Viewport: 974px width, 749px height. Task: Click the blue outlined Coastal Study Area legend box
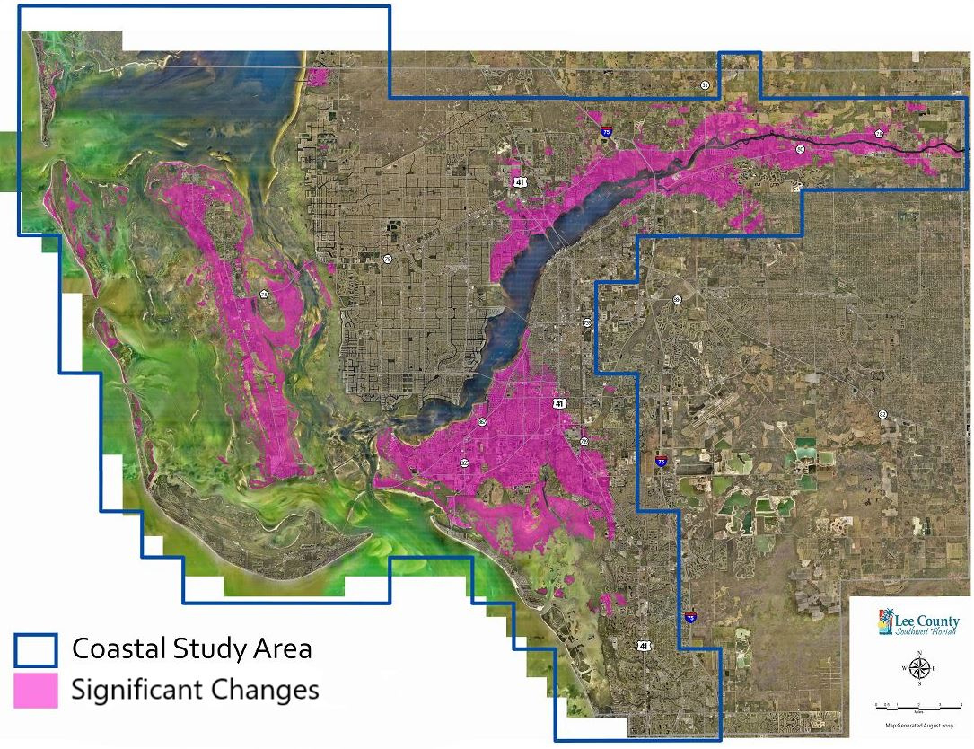point(35,648)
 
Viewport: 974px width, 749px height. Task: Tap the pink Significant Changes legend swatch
point(35,690)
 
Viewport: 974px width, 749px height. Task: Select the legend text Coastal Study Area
point(191,648)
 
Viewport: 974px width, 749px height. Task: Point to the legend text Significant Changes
point(195,690)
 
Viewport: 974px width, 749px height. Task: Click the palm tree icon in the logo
point(888,621)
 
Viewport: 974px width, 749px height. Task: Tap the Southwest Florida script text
point(926,631)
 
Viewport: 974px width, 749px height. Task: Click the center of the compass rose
point(919,667)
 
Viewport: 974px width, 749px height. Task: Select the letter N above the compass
point(919,653)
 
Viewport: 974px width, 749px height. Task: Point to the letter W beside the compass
point(905,668)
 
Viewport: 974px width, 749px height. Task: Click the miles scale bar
point(919,708)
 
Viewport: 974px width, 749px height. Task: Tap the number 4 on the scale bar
point(961,704)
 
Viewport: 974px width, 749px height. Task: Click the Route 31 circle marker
point(705,84)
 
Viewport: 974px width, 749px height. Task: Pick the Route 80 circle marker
point(800,149)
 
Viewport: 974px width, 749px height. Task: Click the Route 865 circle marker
point(464,463)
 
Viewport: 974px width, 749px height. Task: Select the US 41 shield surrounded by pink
point(559,404)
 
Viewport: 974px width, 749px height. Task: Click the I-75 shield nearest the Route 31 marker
point(607,132)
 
